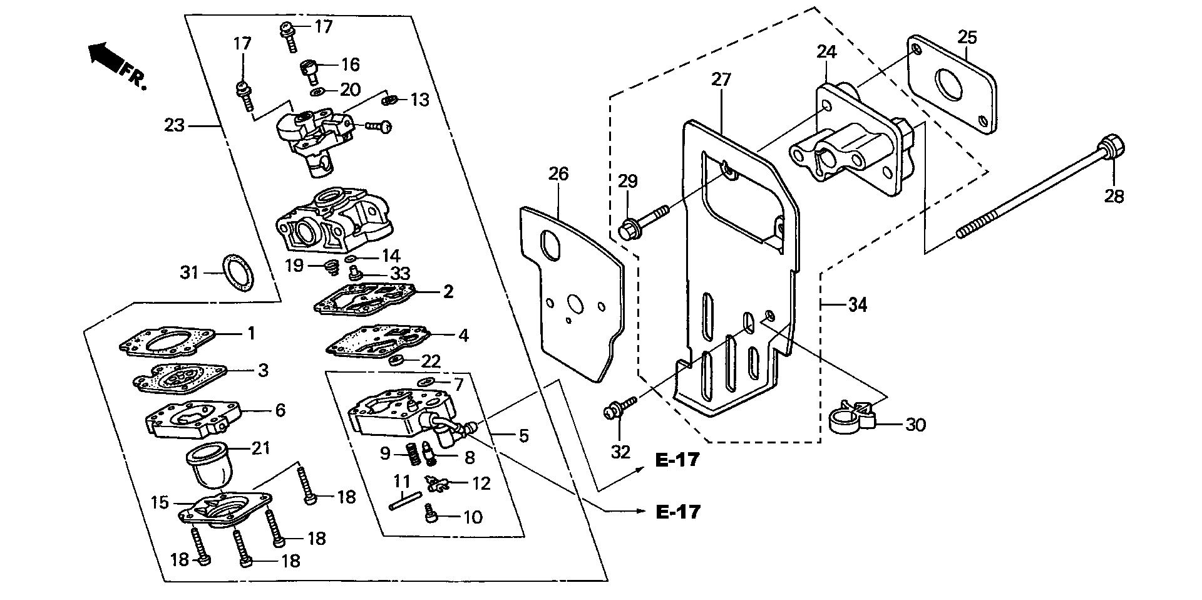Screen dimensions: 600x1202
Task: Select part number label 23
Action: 175,126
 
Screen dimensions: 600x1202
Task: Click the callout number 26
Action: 558,174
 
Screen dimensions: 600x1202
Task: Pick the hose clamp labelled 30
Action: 851,418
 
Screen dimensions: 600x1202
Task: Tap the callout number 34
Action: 858,306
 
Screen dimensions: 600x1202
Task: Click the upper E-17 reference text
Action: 677,460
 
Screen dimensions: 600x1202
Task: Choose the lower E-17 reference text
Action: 677,512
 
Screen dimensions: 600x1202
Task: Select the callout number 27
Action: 721,80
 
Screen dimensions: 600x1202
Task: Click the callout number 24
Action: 826,52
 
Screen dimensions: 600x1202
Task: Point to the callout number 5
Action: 523,435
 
